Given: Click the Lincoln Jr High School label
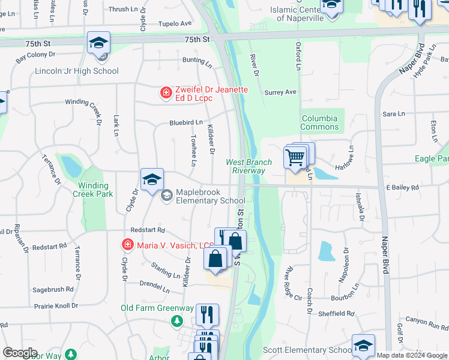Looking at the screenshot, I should click(77, 71).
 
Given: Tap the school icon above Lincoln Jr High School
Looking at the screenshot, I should click(98, 43).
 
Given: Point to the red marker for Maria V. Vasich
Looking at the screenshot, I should click(127, 244).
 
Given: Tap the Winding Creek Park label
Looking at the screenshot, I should click(93, 190).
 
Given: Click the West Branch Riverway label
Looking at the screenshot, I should click(249, 166).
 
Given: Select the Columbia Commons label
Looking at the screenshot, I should click(320, 122).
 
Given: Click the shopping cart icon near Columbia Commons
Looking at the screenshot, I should click(295, 157).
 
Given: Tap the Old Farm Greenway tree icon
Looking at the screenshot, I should click(177, 321).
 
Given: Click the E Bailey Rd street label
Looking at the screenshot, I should click(402, 188).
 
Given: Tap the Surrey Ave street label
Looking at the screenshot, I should click(280, 92).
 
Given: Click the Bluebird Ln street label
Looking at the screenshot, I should click(185, 122).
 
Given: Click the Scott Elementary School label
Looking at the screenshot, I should click(307, 350).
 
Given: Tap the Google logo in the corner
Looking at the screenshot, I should click(20, 353).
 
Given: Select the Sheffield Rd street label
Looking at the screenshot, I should click(336, 313).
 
